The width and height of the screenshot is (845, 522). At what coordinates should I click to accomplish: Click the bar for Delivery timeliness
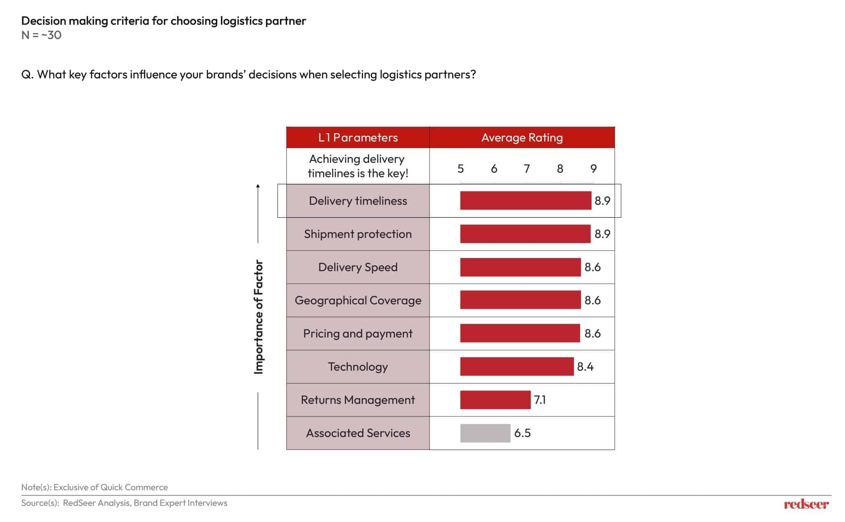click(525, 201)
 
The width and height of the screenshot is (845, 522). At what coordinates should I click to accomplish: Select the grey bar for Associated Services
click(485, 433)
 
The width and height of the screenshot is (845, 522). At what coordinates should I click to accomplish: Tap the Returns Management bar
click(495, 400)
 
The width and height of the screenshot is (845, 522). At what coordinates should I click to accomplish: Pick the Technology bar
click(517, 367)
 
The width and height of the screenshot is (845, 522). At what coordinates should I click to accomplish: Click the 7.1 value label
click(540, 400)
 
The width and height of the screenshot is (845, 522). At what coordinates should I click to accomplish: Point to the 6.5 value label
click(522, 433)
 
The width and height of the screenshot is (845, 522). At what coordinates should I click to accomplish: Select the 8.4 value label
click(585, 367)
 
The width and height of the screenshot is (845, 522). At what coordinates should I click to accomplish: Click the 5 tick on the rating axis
click(460, 169)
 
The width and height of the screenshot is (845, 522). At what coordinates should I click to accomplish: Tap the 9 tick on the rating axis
click(593, 169)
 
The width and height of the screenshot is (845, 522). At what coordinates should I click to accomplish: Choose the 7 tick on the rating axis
click(527, 169)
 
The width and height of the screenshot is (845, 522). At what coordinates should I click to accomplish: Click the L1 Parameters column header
click(358, 138)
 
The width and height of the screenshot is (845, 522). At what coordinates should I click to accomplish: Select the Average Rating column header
click(522, 138)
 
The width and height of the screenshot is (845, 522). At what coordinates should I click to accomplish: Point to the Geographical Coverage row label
click(358, 300)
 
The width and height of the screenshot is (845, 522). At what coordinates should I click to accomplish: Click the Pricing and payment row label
click(358, 334)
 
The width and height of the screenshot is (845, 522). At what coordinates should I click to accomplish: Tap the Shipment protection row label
click(358, 234)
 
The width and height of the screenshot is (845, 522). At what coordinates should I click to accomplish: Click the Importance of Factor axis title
click(258, 317)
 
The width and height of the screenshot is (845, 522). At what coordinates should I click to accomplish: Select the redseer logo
click(806, 504)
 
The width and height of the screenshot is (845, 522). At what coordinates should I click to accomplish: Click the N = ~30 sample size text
click(41, 35)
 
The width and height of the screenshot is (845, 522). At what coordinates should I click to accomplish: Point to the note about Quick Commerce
click(94, 487)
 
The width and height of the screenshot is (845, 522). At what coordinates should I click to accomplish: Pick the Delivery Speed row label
click(358, 267)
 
